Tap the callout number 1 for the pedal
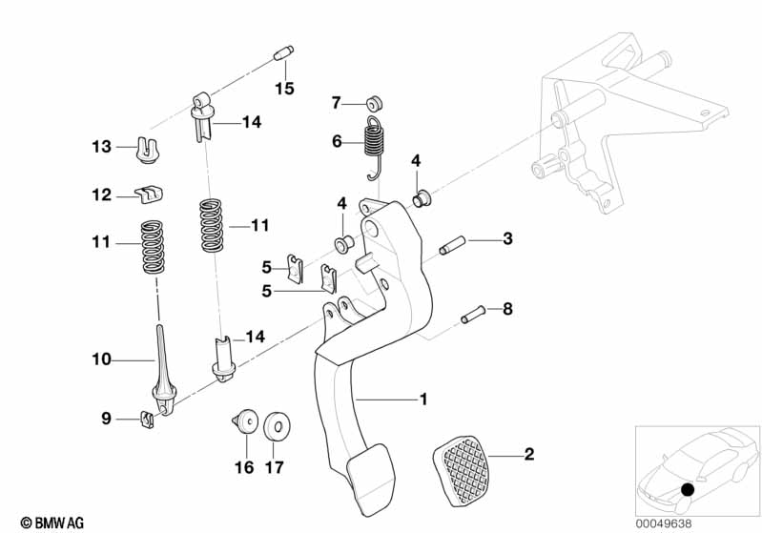coord(423,400)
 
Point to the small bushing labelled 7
coord(374,102)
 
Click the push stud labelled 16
coord(245,420)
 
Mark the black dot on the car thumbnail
coord(689,490)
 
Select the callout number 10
coord(102,359)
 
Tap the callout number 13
coord(102,147)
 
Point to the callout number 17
coord(275,467)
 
